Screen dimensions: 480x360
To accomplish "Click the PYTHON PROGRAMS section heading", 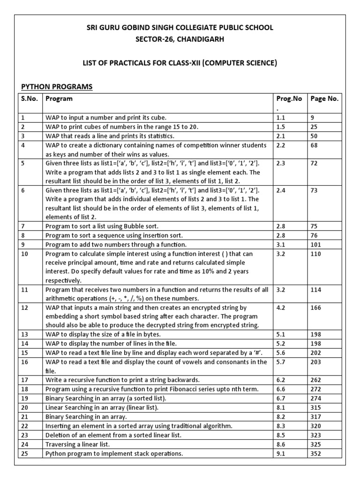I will [x=57, y=87].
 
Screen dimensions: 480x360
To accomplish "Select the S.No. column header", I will [x=29, y=99].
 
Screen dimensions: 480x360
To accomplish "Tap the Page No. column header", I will [x=324, y=99].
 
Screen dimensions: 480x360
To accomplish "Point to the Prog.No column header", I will [x=289, y=99].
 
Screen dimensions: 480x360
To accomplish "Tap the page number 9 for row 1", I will [x=313, y=118].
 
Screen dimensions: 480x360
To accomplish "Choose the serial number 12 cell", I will [x=25, y=307].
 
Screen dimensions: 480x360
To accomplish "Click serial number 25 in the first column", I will [x=25, y=453].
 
